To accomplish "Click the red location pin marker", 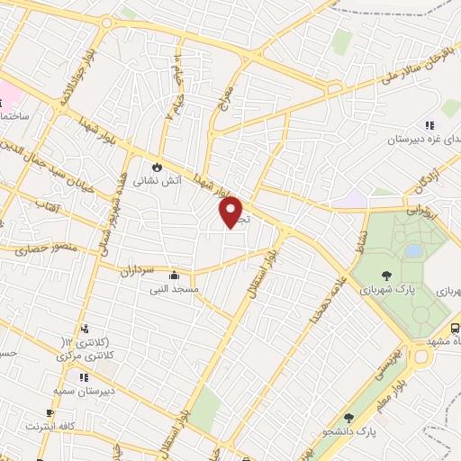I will click(231, 212).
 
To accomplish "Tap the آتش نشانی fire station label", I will click(158, 180).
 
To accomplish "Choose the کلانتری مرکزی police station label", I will click(87, 357).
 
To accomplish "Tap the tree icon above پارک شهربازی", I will click(385, 276).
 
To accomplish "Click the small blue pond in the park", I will click(413, 250).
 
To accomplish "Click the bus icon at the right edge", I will click(454, 330).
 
